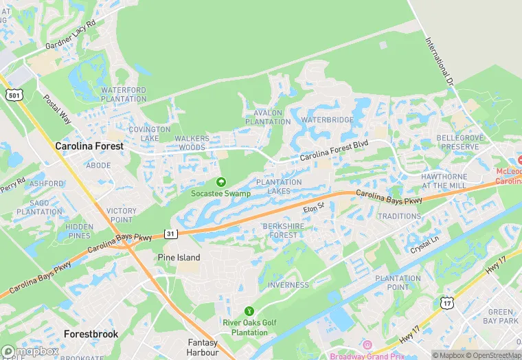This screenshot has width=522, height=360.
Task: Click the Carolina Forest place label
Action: pos(89,146)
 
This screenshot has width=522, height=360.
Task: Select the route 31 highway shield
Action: pos(171,234)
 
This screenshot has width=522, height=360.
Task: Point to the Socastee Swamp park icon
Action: pos(220,182)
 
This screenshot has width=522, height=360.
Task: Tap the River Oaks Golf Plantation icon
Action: pos(249,311)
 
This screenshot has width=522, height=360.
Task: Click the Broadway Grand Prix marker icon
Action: pos(367,345)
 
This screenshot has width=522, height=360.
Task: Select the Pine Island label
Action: pos(179,258)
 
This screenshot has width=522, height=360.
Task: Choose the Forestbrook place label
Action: pos(91,334)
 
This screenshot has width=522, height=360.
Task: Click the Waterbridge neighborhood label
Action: pos(327,120)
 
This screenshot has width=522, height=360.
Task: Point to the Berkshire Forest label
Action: pos(280,230)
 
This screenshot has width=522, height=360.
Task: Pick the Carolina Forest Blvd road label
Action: pos(334,150)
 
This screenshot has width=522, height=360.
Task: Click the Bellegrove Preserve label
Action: pos(459,142)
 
